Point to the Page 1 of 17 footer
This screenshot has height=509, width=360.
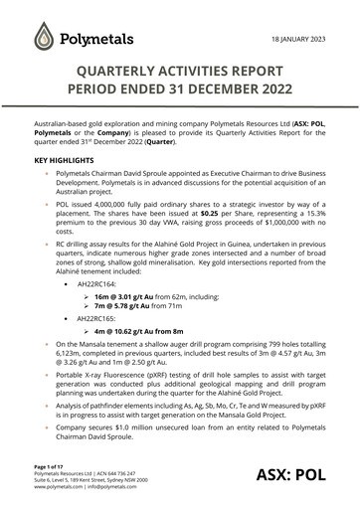coord(52,466)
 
